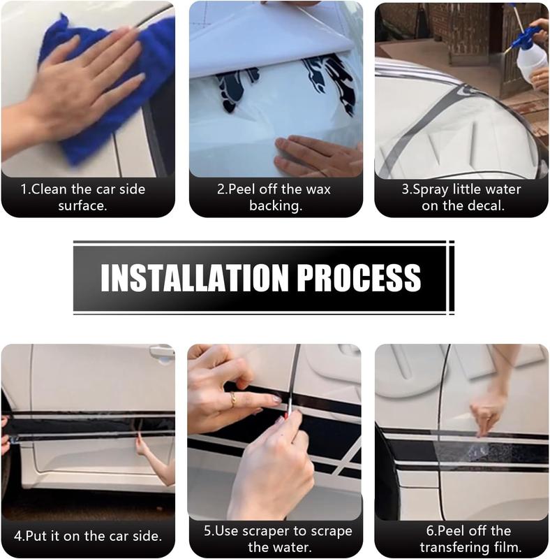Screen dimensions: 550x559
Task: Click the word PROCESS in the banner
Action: (359, 277)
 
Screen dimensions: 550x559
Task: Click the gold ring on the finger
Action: (232, 398)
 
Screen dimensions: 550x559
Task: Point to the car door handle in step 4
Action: (162, 352)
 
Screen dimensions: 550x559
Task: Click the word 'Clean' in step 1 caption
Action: (49, 189)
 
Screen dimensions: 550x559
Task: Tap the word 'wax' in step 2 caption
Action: (318, 189)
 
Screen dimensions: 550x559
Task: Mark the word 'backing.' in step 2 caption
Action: (276, 206)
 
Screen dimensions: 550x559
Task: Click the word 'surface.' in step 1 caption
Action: (82, 205)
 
